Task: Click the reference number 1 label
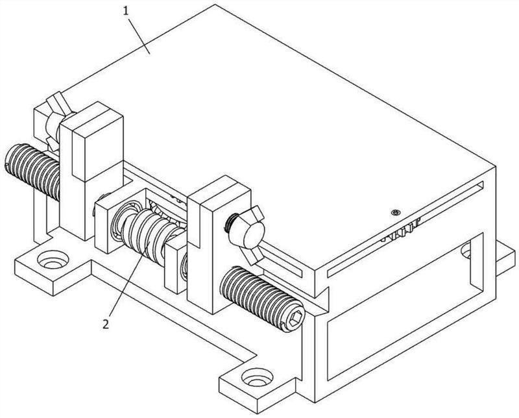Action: tap(125, 11)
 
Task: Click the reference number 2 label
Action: tap(106, 324)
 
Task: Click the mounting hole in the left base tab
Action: tap(53, 260)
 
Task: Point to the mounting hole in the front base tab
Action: tap(257, 377)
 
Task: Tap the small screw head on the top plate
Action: tap(394, 212)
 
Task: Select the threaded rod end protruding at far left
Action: tap(32, 171)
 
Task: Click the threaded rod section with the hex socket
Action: tap(262, 299)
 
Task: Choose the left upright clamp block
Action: tap(91, 171)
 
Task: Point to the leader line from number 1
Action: tap(139, 34)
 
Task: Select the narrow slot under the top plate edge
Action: tap(405, 229)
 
